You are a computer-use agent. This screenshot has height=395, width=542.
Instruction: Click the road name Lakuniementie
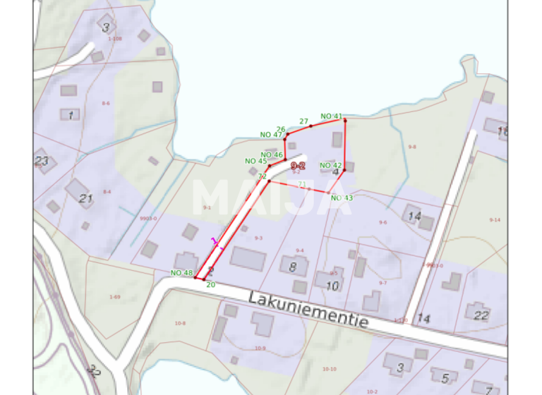pyautogui.click(x=308, y=309)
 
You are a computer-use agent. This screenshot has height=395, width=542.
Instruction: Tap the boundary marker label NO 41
pyautogui.click(x=331, y=116)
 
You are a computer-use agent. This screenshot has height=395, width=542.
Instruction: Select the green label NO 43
pyautogui.click(x=342, y=197)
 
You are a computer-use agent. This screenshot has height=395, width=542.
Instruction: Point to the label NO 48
pyautogui.click(x=181, y=273)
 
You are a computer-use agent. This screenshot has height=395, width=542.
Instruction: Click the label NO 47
pyautogui.click(x=271, y=135)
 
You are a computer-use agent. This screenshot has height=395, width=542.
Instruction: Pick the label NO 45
pyautogui.click(x=256, y=161)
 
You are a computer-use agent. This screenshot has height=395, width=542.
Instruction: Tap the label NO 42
pyautogui.click(x=330, y=166)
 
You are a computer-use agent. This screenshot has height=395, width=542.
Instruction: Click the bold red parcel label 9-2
pyautogui.click(x=298, y=164)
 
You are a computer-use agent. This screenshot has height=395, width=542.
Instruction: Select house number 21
pyautogui.click(x=85, y=198)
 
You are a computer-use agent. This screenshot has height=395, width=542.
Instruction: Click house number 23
pyautogui.click(x=42, y=161)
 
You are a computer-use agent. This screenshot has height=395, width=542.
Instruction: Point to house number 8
pyautogui.click(x=293, y=267)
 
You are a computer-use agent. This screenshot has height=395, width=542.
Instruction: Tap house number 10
pyautogui.click(x=332, y=286)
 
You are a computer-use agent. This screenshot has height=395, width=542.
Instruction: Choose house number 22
pyautogui.click(x=481, y=315)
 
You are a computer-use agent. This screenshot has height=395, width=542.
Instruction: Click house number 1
pyautogui.click(x=70, y=114)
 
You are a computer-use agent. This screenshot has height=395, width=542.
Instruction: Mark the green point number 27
pyautogui.click(x=304, y=121)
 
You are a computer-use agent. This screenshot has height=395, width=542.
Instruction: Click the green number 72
pyautogui.click(x=262, y=176)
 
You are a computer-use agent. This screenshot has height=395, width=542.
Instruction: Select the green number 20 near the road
pyautogui.click(x=210, y=284)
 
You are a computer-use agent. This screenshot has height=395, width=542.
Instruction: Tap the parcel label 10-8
pyautogui.click(x=179, y=323)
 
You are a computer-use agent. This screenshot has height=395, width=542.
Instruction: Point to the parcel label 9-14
pyautogui.click(x=495, y=220)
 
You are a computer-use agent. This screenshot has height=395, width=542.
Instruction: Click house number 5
pyautogui.click(x=444, y=378)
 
